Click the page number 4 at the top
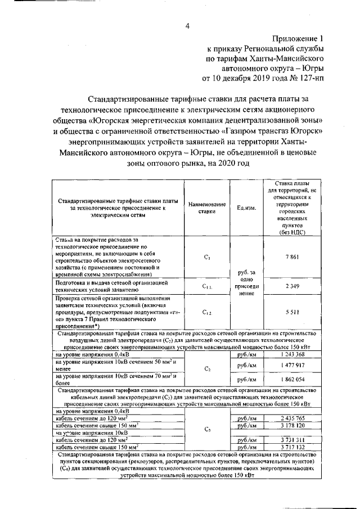(187, 25)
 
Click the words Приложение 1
(299, 39)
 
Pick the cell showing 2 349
(292, 287)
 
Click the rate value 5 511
(292, 310)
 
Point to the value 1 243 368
(292, 355)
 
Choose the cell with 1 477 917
(292, 365)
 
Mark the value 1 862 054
(292, 380)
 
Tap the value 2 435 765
(292, 418)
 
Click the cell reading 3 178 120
(292, 426)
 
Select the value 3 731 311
(292, 440)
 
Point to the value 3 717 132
(292, 447)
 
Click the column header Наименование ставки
(207, 208)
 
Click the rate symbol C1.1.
(207, 287)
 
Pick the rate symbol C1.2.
(207, 310)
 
